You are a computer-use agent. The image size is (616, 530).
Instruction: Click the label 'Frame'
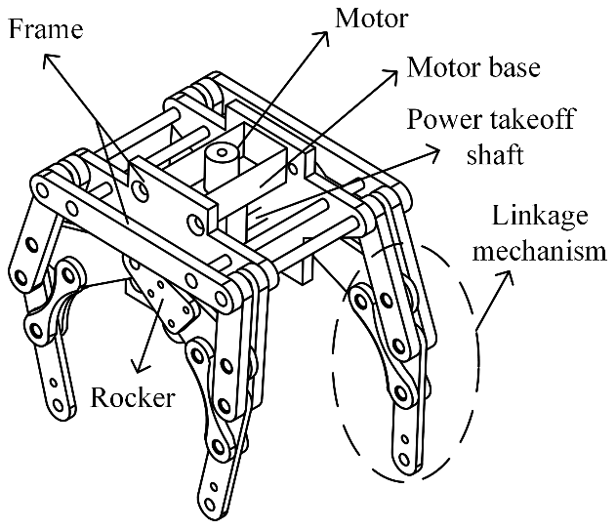[x=46, y=28]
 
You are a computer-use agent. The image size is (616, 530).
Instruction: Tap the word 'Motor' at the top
[x=371, y=19]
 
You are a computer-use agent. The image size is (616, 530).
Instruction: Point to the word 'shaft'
[x=495, y=154]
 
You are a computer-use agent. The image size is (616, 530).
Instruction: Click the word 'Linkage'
[x=540, y=216]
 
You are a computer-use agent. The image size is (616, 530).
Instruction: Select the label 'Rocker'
[x=133, y=397]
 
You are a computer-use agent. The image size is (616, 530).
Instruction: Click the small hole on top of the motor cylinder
[x=222, y=152]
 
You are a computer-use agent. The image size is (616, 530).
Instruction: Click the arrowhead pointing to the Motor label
[x=324, y=38]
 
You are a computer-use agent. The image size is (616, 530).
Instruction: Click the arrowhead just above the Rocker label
[x=140, y=367]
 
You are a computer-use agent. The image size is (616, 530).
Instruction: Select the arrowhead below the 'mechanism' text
[x=507, y=277]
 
